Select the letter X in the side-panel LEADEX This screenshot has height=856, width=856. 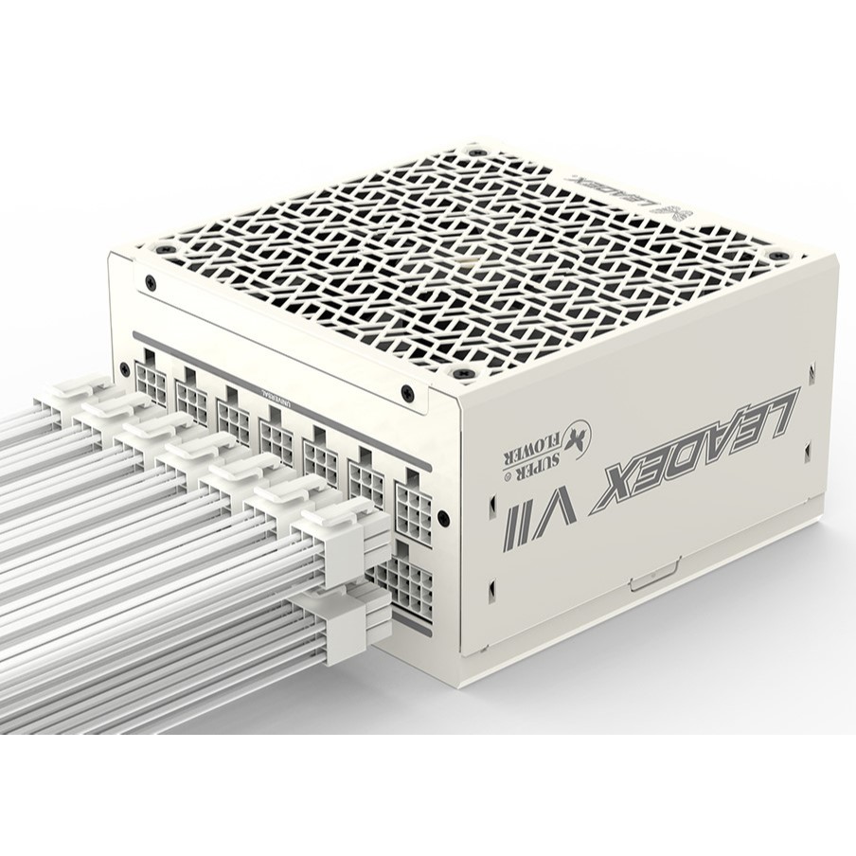coord(616,484)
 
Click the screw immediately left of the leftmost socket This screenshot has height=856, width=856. coord(125,368)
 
